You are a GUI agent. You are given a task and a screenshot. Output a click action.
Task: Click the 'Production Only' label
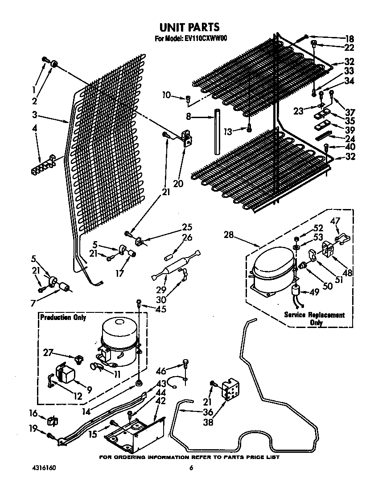[x=63, y=318]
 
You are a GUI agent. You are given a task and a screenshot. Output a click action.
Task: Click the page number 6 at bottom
[x=191, y=468]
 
